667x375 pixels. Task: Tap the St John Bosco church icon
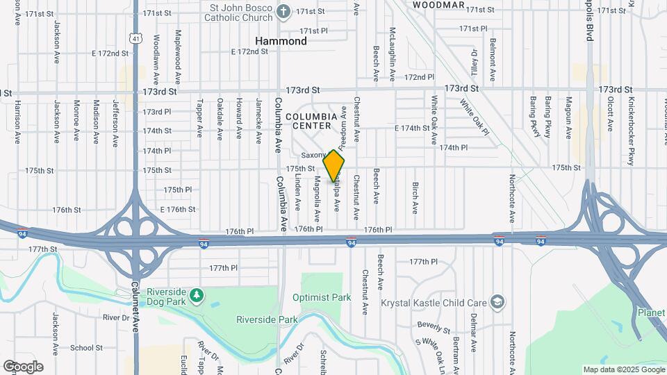[283, 10]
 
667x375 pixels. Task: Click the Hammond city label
[281, 41]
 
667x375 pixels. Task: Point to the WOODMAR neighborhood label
[438, 5]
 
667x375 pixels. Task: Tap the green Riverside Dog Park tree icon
[197, 296]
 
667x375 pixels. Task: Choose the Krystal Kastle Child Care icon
[497, 302]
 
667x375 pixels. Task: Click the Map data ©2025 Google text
[623, 369]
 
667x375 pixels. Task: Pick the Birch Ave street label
[415, 198]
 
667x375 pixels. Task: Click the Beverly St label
[434, 325]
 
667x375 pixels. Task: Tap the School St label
[86, 348]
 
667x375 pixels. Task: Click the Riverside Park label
[267, 320]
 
